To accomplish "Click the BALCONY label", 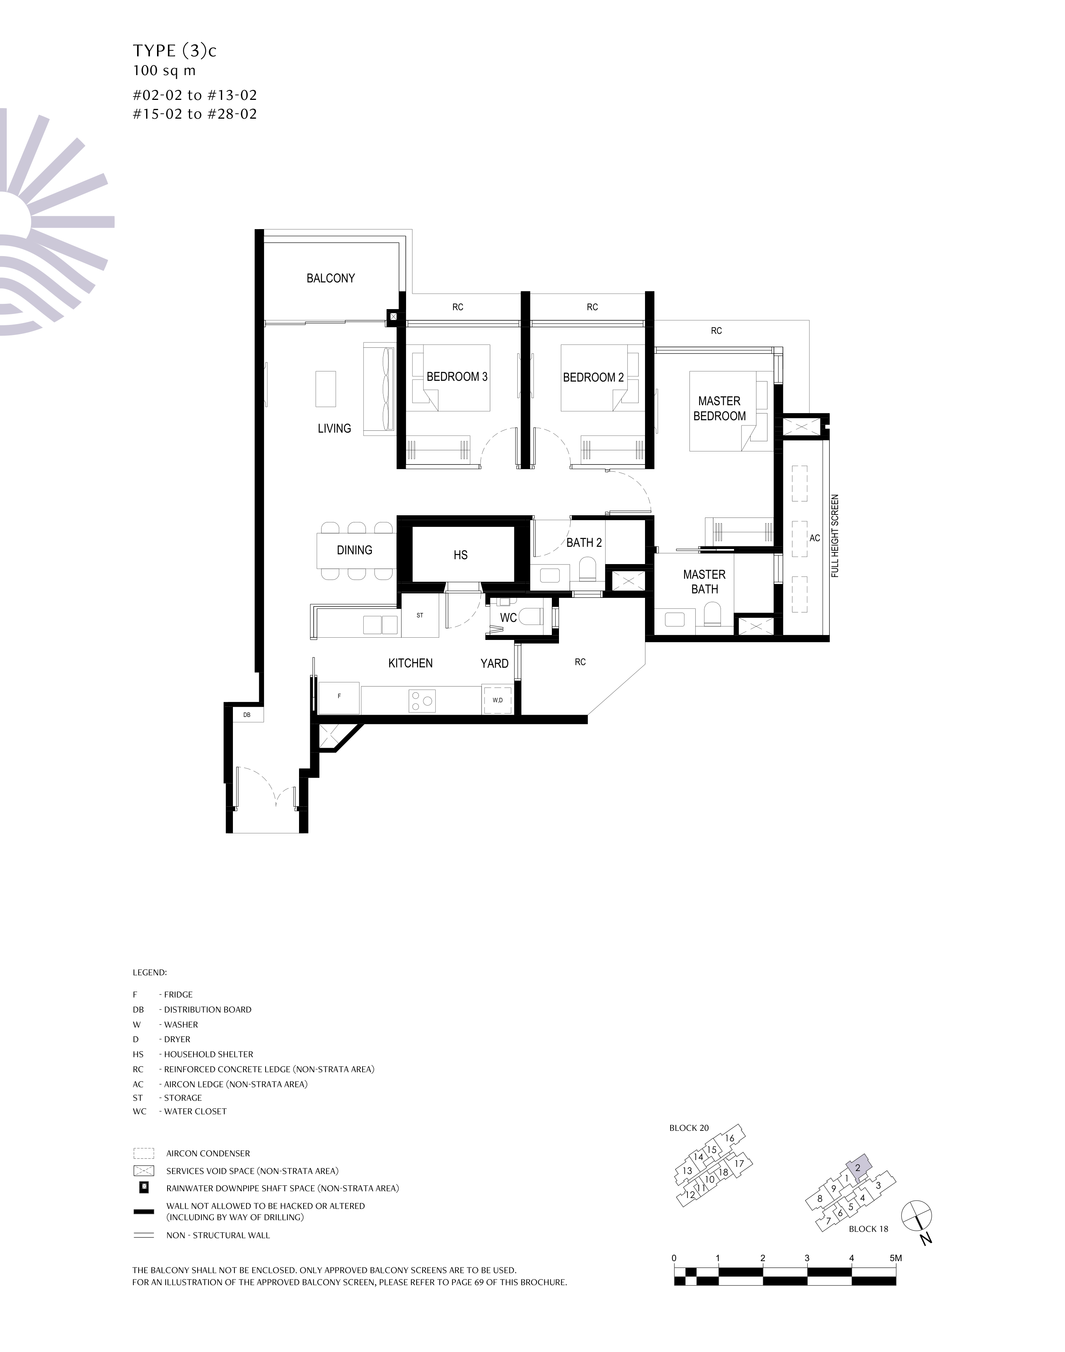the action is point(331,278).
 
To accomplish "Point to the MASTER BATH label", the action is point(705,582).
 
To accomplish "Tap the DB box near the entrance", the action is point(247,715).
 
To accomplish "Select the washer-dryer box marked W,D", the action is point(498,700).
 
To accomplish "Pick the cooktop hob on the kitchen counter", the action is point(421,701).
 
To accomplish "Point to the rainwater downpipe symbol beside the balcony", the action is point(393,317).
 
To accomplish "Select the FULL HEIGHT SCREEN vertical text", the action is point(835,536).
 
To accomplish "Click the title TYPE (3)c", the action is point(175,51).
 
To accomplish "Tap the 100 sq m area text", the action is point(164,71).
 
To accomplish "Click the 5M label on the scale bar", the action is point(896,1258).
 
